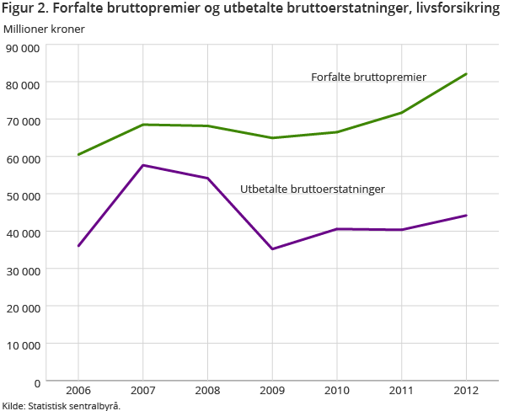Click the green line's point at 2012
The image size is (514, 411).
(x=467, y=74)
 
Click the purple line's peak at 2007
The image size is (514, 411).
(x=143, y=165)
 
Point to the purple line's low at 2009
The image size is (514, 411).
(x=272, y=249)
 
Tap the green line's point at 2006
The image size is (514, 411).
(x=78, y=155)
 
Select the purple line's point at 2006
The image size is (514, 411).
(x=78, y=246)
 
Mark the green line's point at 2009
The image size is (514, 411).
(x=272, y=138)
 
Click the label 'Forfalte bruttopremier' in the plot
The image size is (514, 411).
(x=368, y=77)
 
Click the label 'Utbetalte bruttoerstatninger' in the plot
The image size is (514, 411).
(x=313, y=189)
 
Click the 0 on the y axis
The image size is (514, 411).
(x=36, y=382)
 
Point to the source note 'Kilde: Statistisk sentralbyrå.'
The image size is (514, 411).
(x=62, y=406)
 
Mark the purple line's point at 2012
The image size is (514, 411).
(x=467, y=216)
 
